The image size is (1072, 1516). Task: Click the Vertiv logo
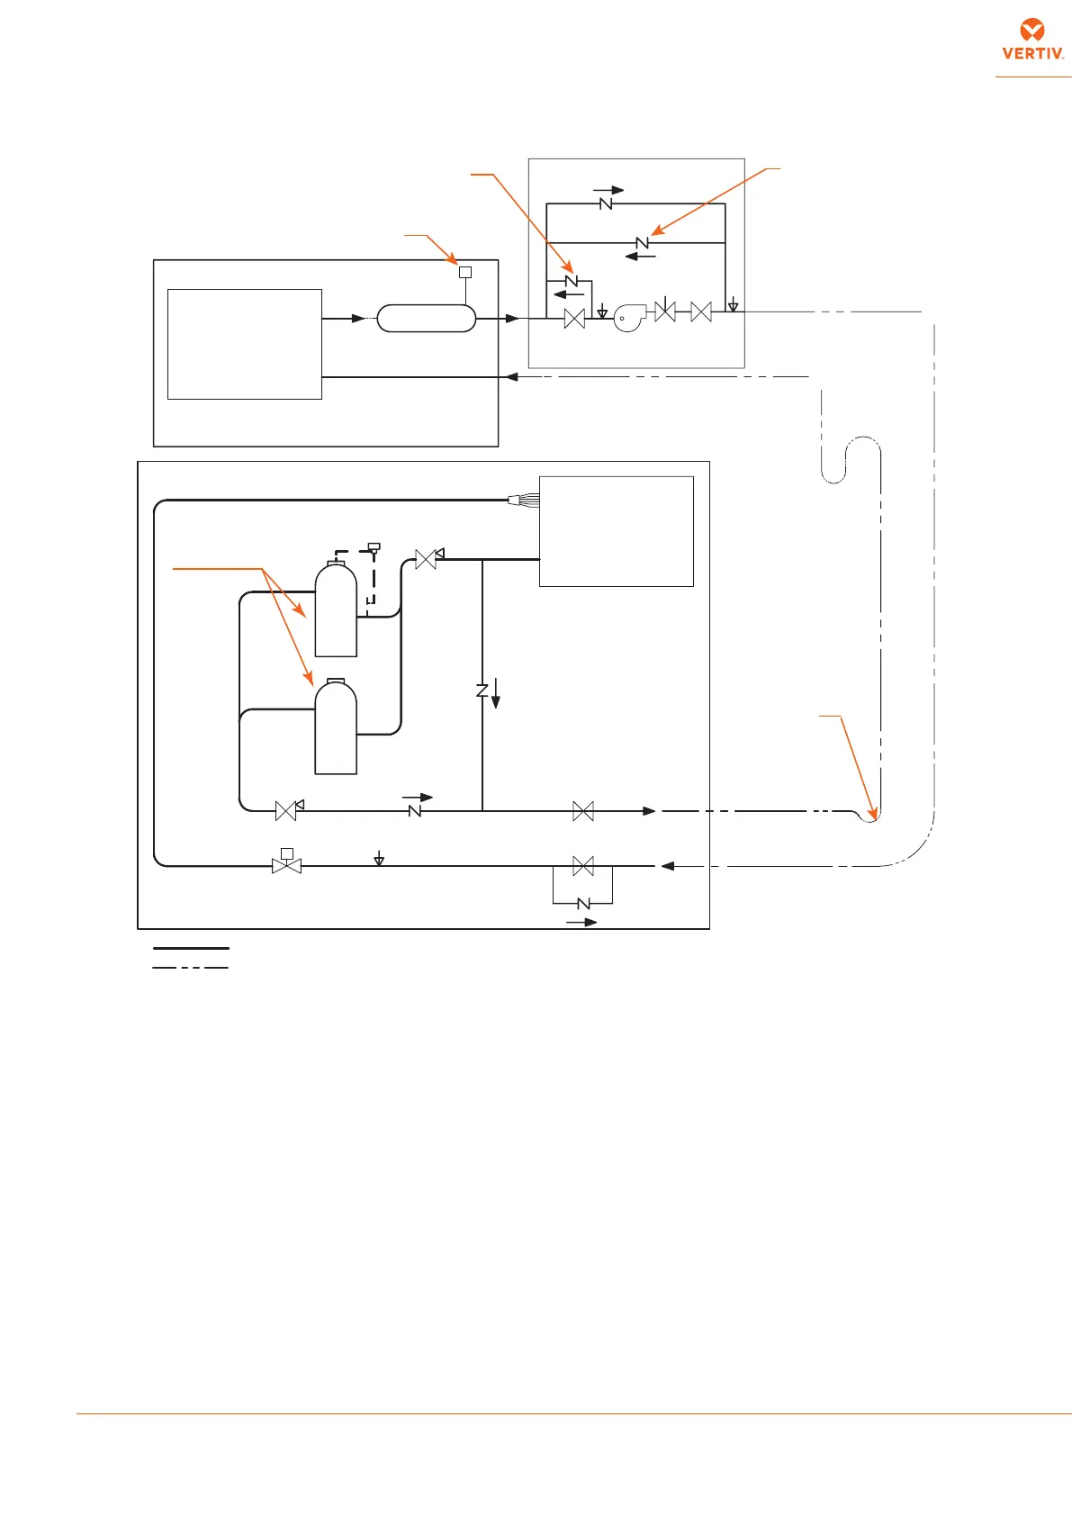point(1033,40)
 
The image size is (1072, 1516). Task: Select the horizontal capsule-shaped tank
point(426,318)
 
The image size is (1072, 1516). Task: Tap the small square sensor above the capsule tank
point(465,272)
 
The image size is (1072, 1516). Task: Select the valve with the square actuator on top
point(286,864)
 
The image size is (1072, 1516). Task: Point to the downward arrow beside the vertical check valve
point(495,694)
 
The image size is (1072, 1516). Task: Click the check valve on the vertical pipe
point(482,690)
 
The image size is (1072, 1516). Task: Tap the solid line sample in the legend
point(191,948)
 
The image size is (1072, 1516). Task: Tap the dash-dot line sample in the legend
point(191,968)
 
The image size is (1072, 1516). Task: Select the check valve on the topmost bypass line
point(606,204)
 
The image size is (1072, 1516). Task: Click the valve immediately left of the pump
point(573,318)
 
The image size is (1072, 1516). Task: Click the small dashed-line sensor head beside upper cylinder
point(374,547)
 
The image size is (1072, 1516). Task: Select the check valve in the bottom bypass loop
point(582,903)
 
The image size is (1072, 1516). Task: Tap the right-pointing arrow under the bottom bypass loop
point(581,922)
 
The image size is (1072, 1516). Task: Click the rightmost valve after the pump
point(700,312)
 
